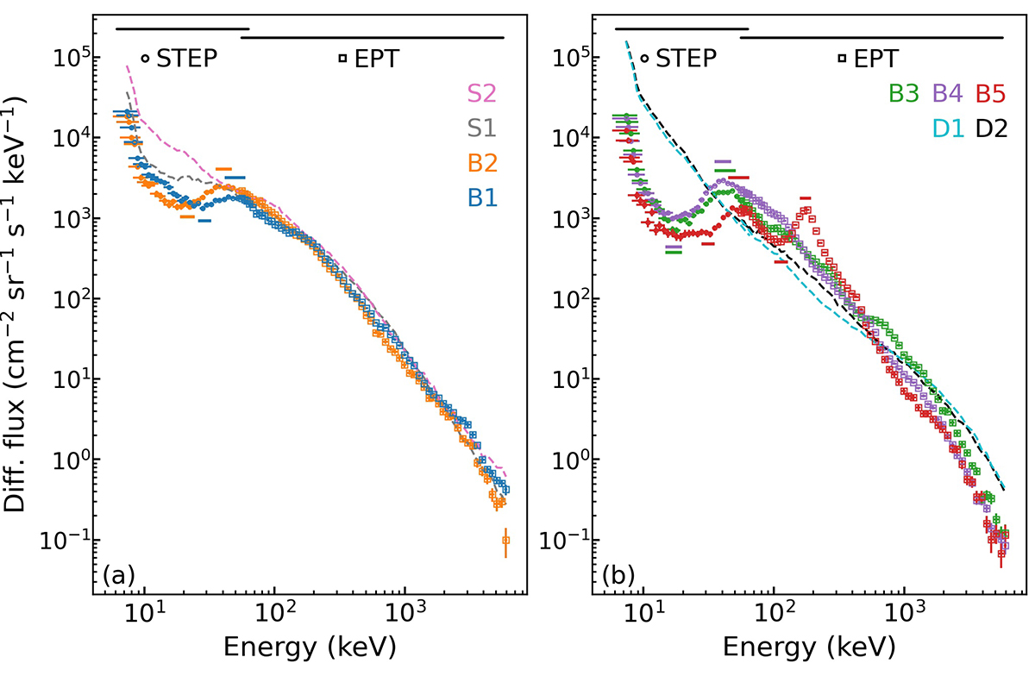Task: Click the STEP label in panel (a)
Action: [186, 59]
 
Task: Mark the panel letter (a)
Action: [117, 573]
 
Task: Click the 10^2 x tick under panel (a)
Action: [273, 616]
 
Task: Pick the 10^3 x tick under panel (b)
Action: [903, 616]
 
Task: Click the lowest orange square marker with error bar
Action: [505, 541]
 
